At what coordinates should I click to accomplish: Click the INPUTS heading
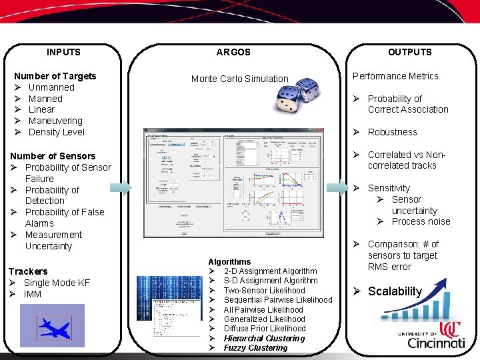pyautogui.click(x=63, y=52)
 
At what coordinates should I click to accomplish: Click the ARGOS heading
pyautogui.click(x=233, y=52)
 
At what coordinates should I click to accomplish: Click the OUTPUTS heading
pyautogui.click(x=409, y=52)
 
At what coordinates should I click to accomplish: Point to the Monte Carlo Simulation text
pyautogui.click(x=239, y=79)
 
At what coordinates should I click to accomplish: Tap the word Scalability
pyautogui.click(x=395, y=291)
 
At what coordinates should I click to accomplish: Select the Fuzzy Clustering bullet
pyautogui.click(x=255, y=348)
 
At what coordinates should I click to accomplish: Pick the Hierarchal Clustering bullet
pyautogui.click(x=263, y=339)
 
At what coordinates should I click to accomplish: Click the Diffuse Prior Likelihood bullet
pyautogui.click(x=264, y=329)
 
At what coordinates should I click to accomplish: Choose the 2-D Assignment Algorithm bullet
pyautogui.click(x=270, y=271)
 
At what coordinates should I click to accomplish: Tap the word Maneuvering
pyautogui.click(x=55, y=121)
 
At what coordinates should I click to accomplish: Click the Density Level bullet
pyautogui.click(x=56, y=132)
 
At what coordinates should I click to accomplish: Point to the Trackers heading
pyautogui.click(x=28, y=271)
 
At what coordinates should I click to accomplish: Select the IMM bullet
pyautogui.click(x=32, y=294)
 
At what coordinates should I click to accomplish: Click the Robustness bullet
pyautogui.click(x=392, y=132)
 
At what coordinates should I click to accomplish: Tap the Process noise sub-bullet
pyautogui.click(x=421, y=221)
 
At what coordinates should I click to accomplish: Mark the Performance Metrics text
pyautogui.click(x=395, y=76)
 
